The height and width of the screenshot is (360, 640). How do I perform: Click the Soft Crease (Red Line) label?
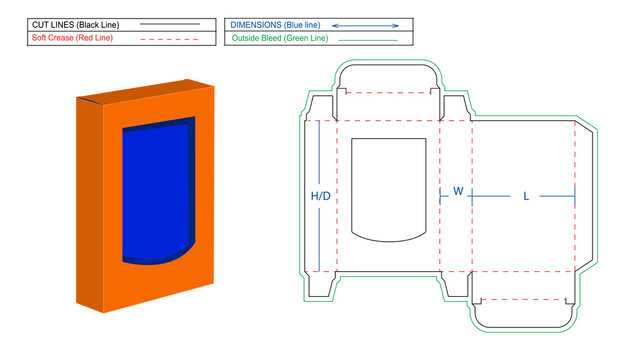pyautogui.click(x=72, y=38)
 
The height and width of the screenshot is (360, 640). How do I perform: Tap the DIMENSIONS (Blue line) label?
pyautogui.click(x=274, y=23)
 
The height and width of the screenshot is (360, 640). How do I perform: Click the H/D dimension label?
pyautogui.click(x=320, y=196)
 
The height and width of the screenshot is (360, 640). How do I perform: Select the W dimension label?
pyautogui.click(x=458, y=191)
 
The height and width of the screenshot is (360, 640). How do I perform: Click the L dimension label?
pyautogui.click(x=526, y=196)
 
